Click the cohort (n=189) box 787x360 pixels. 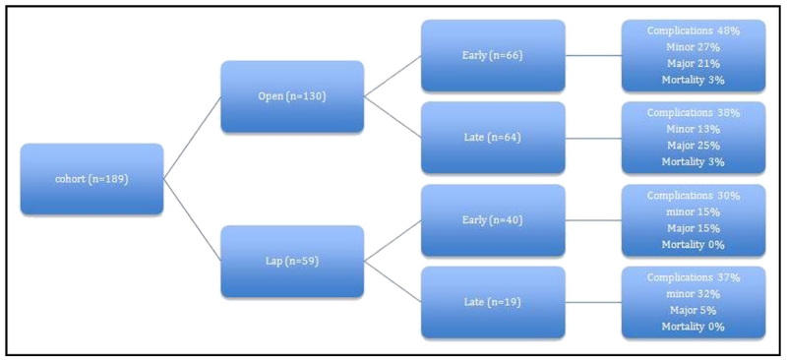91,179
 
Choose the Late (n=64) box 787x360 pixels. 493,137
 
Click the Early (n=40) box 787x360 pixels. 493,219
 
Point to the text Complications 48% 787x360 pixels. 694,31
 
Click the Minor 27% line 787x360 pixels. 694,47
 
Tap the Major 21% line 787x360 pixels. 694,63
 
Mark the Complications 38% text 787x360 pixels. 694,113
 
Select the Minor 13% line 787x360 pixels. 694,129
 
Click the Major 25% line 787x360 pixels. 694,145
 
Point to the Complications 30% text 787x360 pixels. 694,196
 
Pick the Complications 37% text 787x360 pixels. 694,278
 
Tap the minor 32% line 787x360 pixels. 694,294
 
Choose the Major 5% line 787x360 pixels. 694,310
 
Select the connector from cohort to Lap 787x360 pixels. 192,220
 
